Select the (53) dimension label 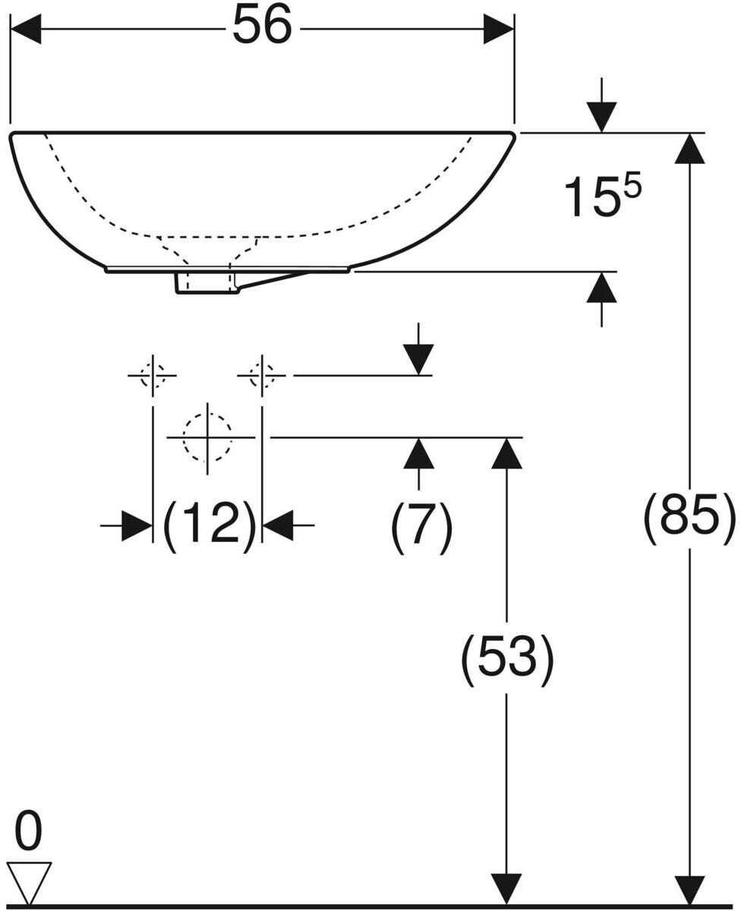coord(507,658)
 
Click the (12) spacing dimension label coord(210,524)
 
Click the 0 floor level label coord(28,832)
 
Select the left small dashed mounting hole coord(153,375)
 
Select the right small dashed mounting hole coord(262,375)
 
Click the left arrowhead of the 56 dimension coord(25,30)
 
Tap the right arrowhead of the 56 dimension coord(499,30)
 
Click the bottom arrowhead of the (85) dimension coord(689,889)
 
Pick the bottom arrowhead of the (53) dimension coord(507,889)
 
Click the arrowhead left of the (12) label coord(137,525)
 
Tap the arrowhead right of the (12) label coord(279,525)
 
